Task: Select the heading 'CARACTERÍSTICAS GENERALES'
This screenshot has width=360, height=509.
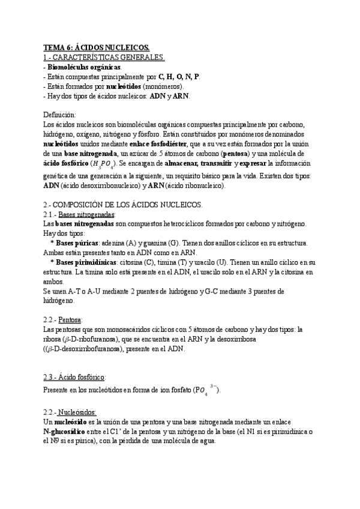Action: point(112,57)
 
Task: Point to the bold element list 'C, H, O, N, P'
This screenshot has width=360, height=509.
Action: point(179,76)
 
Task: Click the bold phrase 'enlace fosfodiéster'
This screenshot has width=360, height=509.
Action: point(158,144)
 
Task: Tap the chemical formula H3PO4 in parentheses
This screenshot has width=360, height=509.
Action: point(106,164)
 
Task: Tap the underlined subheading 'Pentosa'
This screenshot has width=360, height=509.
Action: point(71,319)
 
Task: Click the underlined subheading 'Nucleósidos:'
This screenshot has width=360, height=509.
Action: point(80,414)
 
